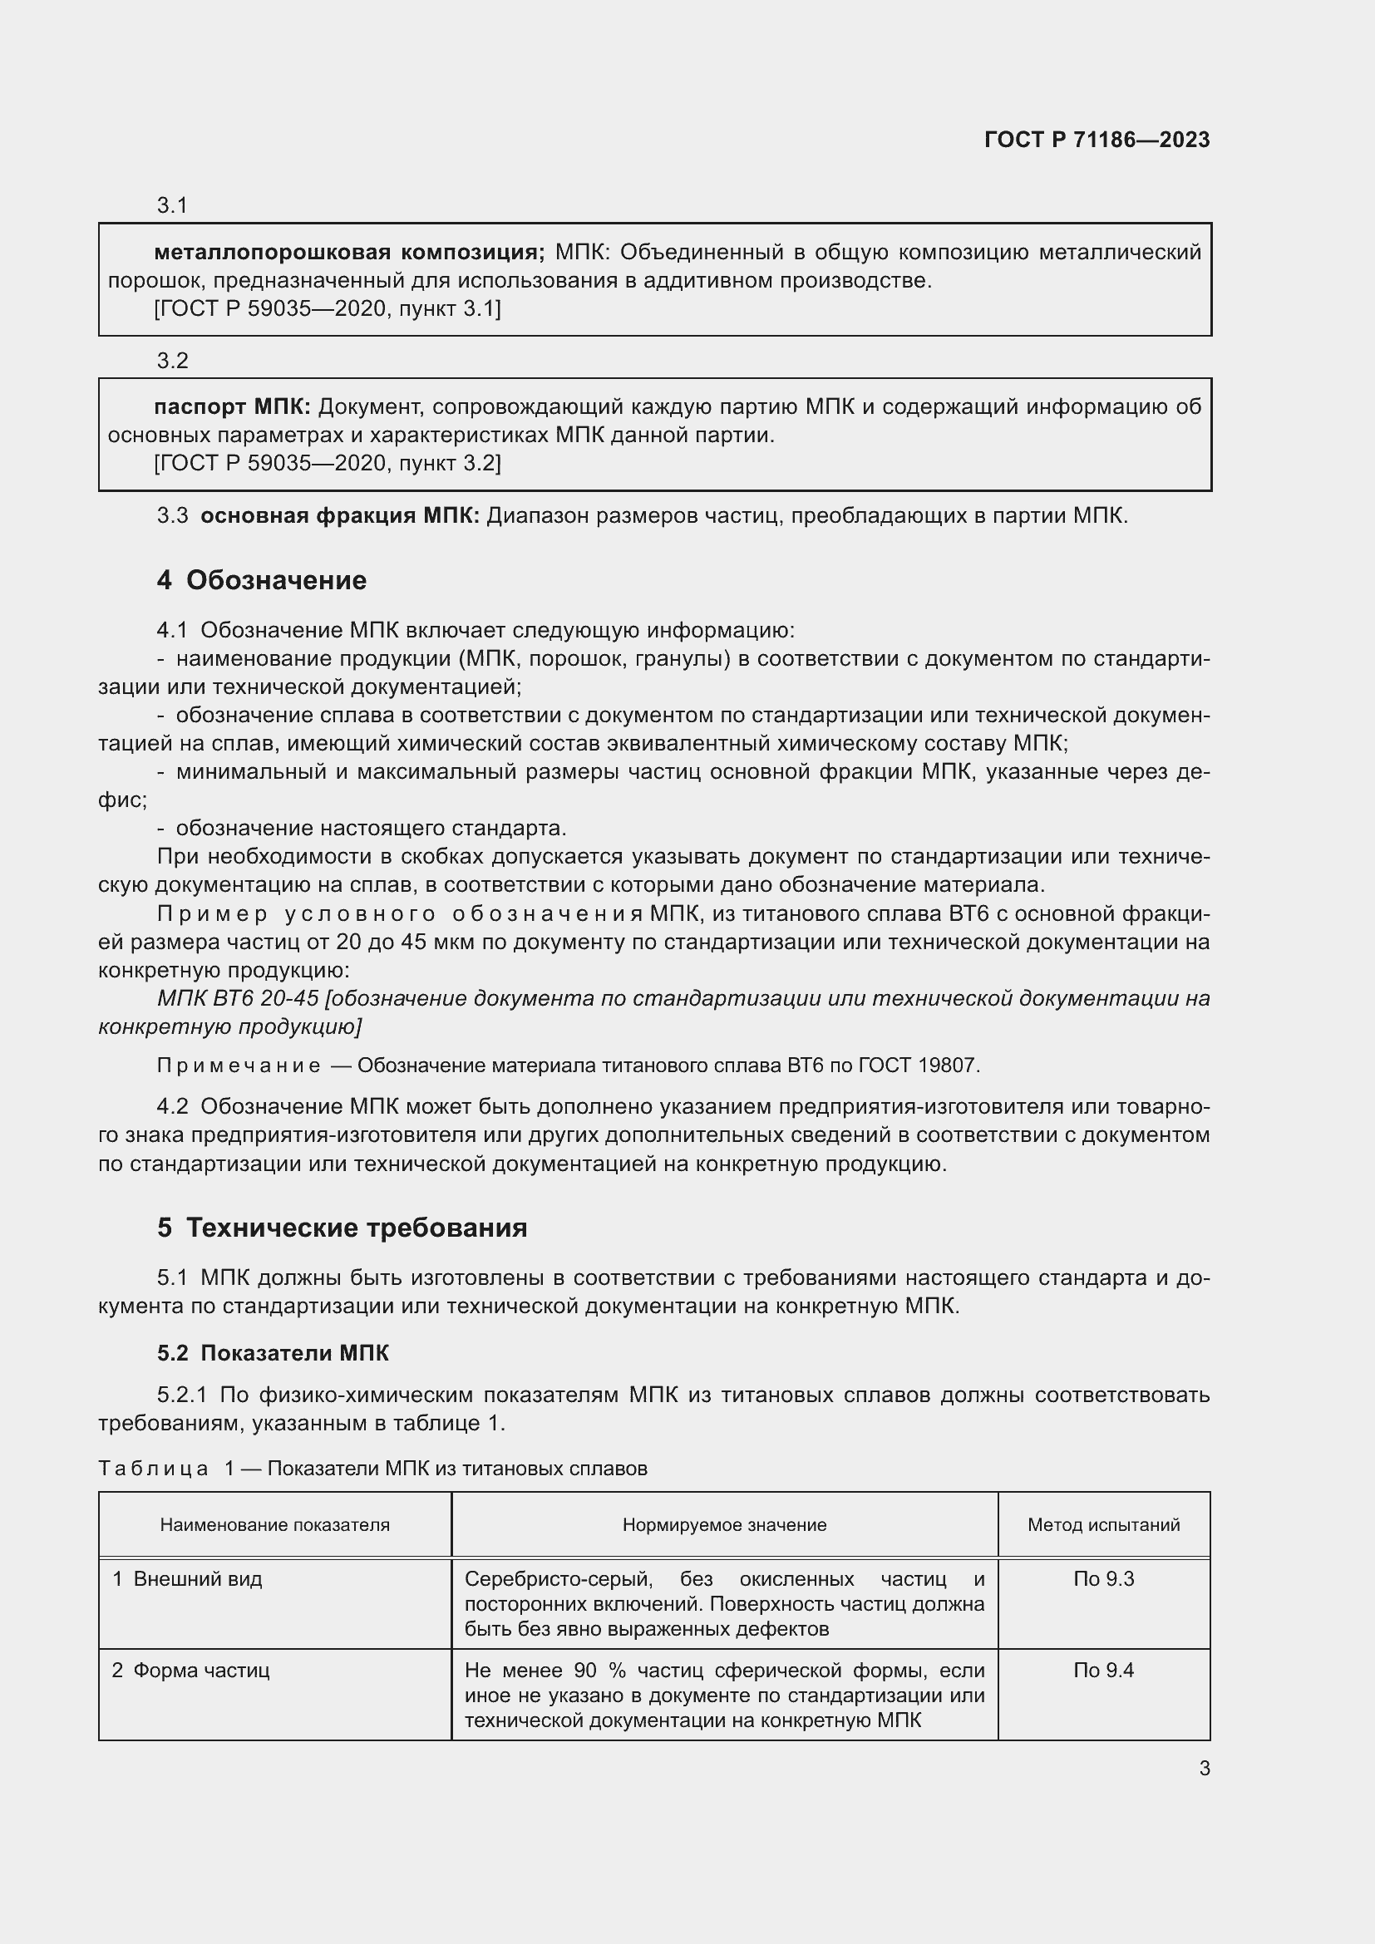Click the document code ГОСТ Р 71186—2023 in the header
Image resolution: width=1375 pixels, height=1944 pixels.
point(1097,140)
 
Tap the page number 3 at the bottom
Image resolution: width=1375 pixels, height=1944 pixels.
point(1204,1768)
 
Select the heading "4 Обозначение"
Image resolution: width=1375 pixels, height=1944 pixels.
point(262,580)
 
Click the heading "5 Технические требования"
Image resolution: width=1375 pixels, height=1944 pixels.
point(342,1228)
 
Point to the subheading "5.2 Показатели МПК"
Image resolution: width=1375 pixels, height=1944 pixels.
point(273,1353)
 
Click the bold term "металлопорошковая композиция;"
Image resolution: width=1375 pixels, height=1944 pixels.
point(350,252)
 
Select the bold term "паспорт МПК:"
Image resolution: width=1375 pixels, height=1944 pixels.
point(233,407)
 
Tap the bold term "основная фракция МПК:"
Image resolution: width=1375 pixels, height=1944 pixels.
point(339,515)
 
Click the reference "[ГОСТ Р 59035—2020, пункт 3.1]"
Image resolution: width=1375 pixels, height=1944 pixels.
point(328,309)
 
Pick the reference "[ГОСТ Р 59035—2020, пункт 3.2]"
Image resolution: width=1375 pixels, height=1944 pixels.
point(328,463)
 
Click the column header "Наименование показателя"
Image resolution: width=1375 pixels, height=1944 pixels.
point(274,1525)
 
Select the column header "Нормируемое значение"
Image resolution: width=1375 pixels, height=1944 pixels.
point(724,1525)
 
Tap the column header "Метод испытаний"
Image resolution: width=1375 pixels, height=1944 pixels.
point(1103,1525)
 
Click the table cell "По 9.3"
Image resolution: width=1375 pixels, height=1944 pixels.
point(1103,1579)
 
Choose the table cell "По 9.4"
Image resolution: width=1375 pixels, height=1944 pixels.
point(1103,1671)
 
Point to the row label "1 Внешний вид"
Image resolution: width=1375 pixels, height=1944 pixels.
point(187,1579)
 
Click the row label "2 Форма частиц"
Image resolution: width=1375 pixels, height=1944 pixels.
point(190,1671)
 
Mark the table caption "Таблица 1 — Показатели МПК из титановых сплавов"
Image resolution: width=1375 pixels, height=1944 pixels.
point(372,1468)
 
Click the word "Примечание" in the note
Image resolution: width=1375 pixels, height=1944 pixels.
point(238,1066)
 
